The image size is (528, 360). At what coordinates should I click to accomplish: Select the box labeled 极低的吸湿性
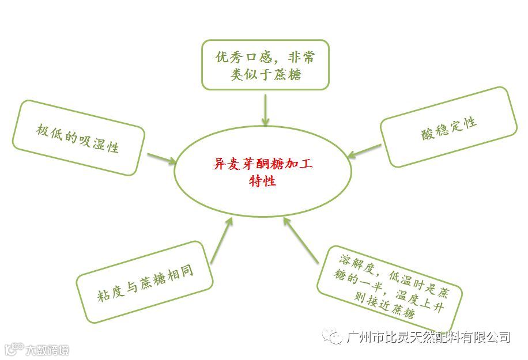pos(78,138)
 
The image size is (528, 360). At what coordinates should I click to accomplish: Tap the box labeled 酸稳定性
pos(448,127)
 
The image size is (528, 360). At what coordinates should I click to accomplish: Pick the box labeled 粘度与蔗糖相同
pos(145,282)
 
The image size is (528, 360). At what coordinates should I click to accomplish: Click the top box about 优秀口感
pos(265,65)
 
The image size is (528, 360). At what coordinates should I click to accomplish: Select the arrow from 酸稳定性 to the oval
pos(365,151)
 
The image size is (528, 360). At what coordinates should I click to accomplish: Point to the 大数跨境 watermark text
pos(46,349)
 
